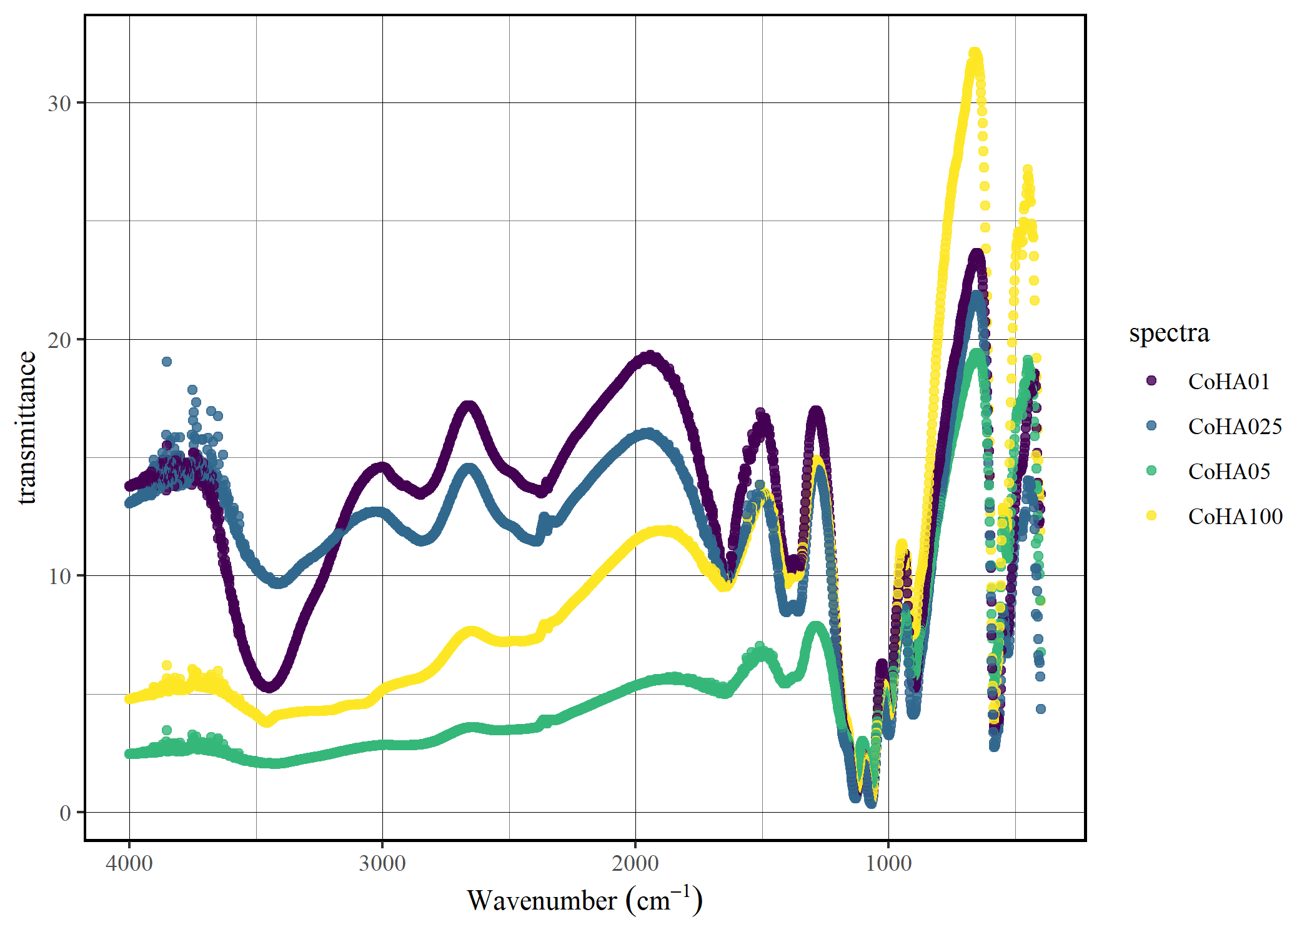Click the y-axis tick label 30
[59, 103]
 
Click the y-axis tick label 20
[59, 340]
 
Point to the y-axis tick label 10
[59, 576]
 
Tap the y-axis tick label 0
[65, 813]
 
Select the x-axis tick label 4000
[129, 863]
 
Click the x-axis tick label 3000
[382, 863]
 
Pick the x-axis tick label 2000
[635, 863]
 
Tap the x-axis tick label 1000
[888, 863]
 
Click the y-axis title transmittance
[26, 427]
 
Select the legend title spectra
[1169, 332]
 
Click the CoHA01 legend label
[1228, 381]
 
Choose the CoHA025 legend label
[1235, 426]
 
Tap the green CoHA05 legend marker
[1151, 471]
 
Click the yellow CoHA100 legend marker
[1151, 516]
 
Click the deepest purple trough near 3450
[269, 687]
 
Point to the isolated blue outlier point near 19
[167, 362]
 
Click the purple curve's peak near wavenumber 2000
[650, 356]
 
